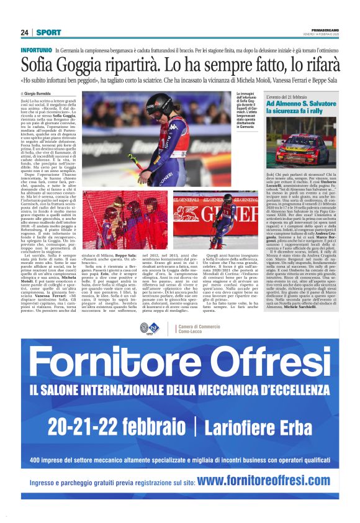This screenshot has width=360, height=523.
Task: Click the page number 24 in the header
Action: [25, 32]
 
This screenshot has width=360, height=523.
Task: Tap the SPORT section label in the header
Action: [48, 32]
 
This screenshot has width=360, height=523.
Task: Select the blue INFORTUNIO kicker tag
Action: [36, 49]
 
